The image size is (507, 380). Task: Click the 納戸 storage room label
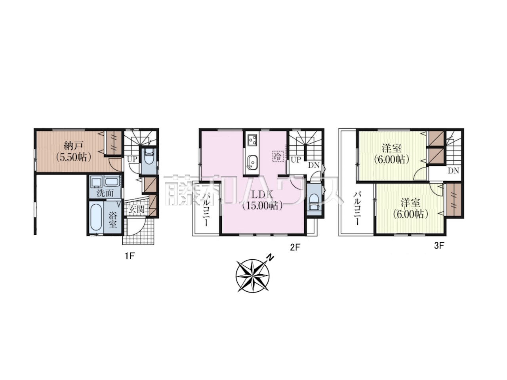pyautogui.click(x=73, y=146)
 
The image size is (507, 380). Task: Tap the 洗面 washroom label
pyautogui.click(x=105, y=193)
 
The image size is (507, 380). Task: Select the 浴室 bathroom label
pyautogui.click(x=113, y=220)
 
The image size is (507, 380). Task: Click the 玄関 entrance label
pyautogui.click(x=136, y=209)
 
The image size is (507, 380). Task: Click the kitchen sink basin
pyautogui.click(x=252, y=161)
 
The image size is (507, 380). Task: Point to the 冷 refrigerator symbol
pyautogui.click(x=278, y=156)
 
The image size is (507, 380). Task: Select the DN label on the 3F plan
pyautogui.click(x=453, y=171)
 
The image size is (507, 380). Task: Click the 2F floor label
pyautogui.click(x=295, y=247)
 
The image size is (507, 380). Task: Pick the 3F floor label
pyautogui.click(x=439, y=246)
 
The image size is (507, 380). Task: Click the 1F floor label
pyautogui.click(x=130, y=256)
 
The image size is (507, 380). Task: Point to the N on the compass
pyautogui.click(x=271, y=258)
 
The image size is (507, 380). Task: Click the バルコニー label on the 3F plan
pyautogui.click(x=356, y=208)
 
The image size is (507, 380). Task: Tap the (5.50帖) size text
pyautogui.click(x=73, y=158)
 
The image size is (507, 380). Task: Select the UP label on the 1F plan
pyautogui.click(x=133, y=159)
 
